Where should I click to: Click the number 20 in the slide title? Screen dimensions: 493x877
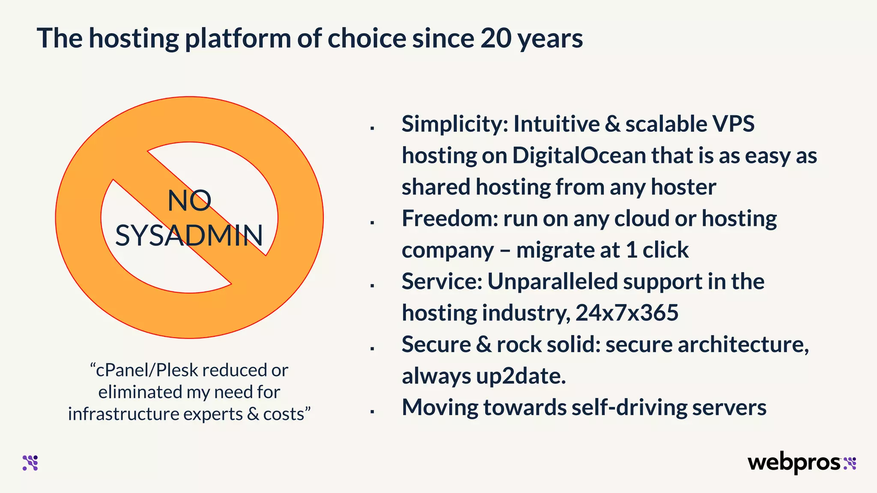point(495,39)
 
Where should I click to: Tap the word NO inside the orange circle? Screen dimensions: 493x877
point(189,200)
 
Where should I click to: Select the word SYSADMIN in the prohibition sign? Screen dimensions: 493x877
point(189,235)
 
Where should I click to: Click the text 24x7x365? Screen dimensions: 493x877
point(627,313)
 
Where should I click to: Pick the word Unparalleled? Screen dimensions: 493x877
point(552,282)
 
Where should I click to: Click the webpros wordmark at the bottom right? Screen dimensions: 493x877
point(795,463)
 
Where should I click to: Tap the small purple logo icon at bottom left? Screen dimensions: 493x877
point(30,463)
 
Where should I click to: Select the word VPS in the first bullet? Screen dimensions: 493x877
point(733,124)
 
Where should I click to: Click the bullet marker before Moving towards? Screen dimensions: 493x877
point(373,412)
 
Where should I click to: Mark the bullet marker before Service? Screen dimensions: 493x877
point(373,285)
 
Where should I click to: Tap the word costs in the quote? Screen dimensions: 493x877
point(286,414)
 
